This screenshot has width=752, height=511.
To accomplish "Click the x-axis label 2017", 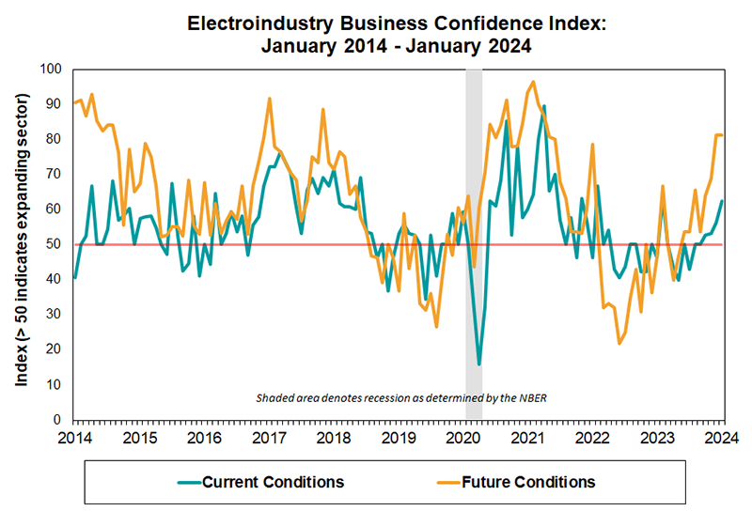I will (x=269, y=437).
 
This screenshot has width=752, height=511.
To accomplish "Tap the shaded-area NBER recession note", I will (x=402, y=398).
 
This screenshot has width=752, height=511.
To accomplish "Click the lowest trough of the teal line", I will (x=479, y=364).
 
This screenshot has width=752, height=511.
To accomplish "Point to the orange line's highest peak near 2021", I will (x=534, y=82).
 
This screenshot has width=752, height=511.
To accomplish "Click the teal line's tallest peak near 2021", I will (x=544, y=106).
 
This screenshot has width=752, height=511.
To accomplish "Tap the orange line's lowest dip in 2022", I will (x=619, y=343).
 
